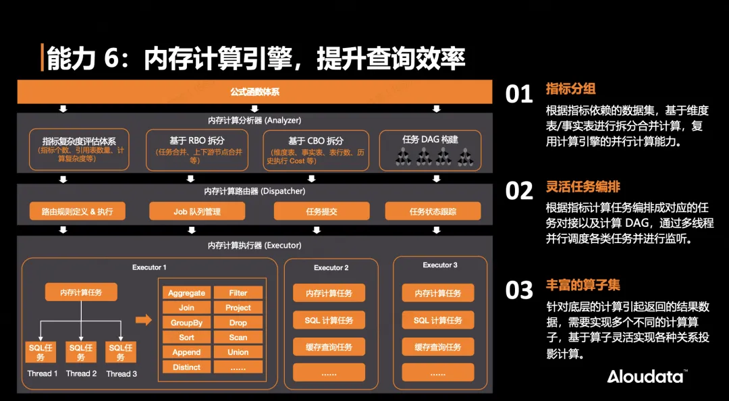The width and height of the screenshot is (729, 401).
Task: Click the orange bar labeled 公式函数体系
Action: coord(254,91)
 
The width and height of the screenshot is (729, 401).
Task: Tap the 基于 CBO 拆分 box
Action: coord(310,149)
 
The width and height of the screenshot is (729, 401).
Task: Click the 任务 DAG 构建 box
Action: coord(430,149)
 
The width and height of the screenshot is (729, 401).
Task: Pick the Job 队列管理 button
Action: coord(196,211)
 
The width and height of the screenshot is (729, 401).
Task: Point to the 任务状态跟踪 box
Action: coord(433,211)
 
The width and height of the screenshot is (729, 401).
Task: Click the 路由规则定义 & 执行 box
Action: coord(77,211)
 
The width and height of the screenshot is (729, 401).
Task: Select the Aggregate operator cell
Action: coord(186,293)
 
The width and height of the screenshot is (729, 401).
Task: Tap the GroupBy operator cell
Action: coord(186,323)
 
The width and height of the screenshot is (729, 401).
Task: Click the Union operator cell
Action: coord(238,352)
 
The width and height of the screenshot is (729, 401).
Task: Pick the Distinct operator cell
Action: coord(186,367)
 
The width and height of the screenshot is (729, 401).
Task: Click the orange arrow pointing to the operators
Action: coord(144,320)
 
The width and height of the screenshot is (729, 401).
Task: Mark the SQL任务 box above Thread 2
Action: coord(81,352)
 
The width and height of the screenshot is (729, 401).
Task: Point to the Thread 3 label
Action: coord(122,373)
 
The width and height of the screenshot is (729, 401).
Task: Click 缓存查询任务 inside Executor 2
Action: coord(329,347)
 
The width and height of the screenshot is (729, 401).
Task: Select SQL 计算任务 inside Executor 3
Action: coord(438,320)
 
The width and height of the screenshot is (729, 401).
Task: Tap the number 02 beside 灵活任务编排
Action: coord(519,191)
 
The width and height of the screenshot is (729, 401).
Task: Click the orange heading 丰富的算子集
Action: coord(583,285)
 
